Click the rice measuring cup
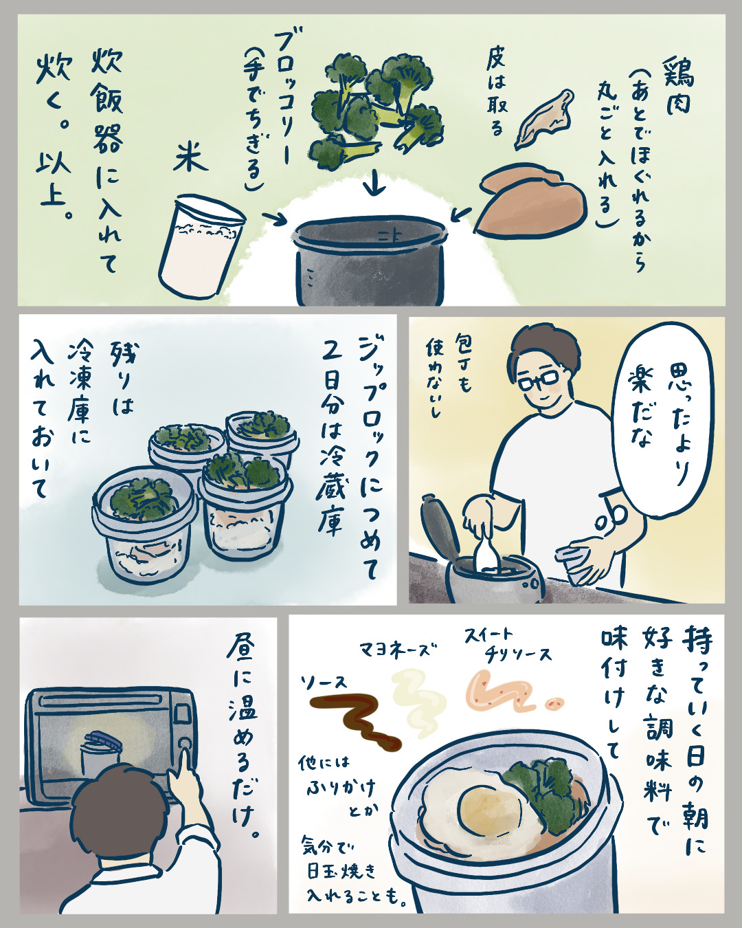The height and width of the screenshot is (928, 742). (x=202, y=247)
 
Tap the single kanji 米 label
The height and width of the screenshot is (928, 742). (x=190, y=159)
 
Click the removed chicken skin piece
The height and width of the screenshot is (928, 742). (x=545, y=120)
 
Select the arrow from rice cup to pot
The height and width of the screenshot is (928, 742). (x=274, y=218)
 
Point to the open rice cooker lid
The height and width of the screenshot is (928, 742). (x=440, y=527)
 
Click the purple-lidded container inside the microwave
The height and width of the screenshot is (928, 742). (x=100, y=754)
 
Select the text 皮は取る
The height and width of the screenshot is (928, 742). (x=496, y=92)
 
